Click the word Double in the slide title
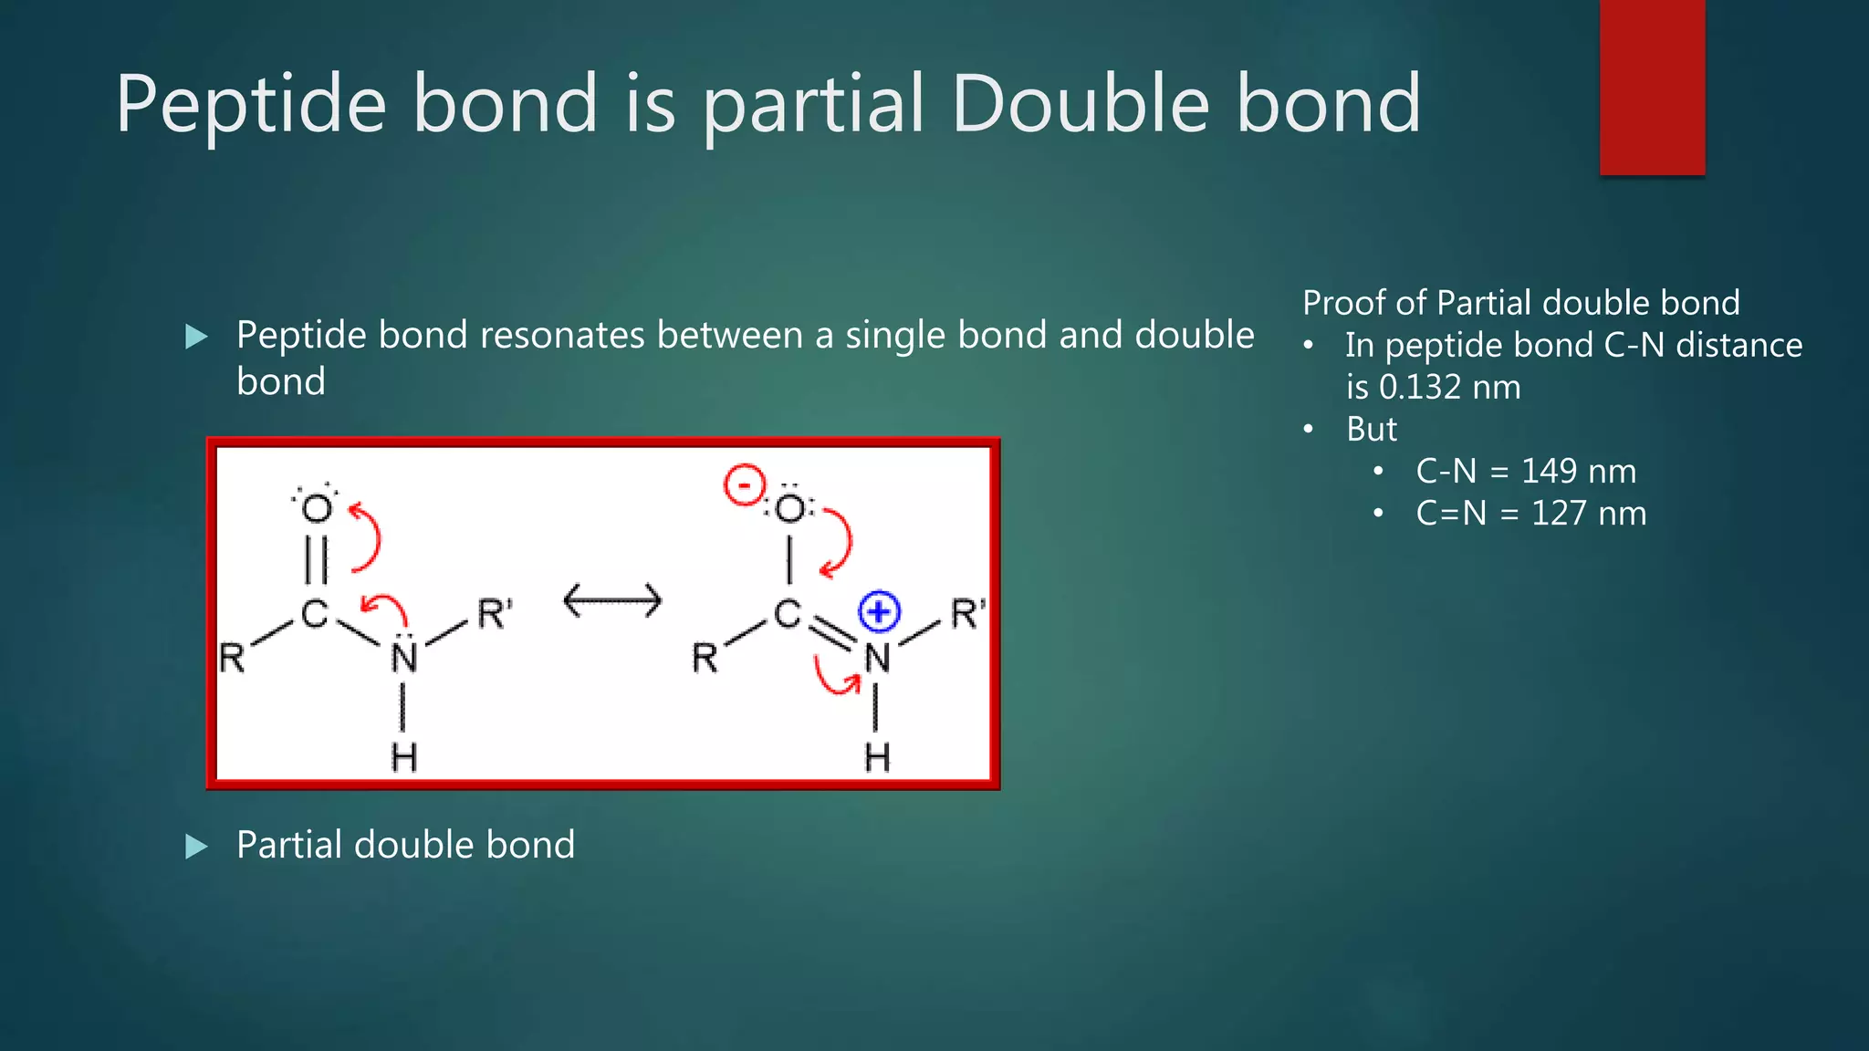[x=1080, y=104]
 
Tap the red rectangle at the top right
[x=1652, y=87]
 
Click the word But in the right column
[x=1371, y=430]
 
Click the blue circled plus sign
[x=879, y=611]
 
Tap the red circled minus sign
[x=744, y=484]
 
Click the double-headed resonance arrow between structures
[x=612, y=601]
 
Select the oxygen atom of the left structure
[x=317, y=508]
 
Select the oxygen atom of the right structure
[x=790, y=508]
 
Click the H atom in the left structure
[x=403, y=758]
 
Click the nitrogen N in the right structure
[x=877, y=658]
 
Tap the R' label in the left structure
[x=494, y=614]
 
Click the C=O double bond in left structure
[x=316, y=559]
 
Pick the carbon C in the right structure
[x=787, y=614]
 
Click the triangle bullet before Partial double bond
[x=196, y=847]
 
